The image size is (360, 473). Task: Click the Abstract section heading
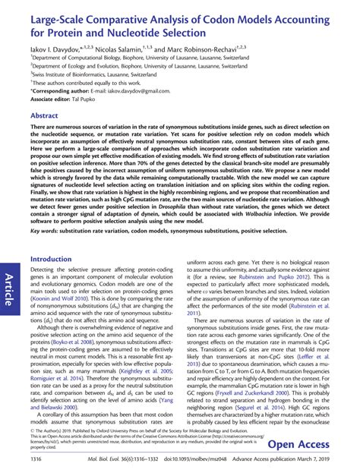coord(46,115)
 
